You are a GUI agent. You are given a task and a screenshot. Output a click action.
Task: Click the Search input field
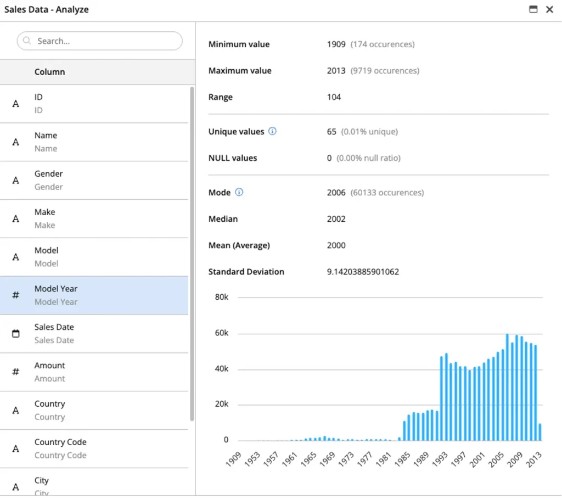click(100, 41)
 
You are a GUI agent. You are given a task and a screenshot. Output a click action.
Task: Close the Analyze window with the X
click(549, 9)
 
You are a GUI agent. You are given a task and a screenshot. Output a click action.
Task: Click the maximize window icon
click(533, 9)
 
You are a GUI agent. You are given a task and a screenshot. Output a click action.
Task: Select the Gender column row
click(94, 180)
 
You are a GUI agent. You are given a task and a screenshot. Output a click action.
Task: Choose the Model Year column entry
click(94, 295)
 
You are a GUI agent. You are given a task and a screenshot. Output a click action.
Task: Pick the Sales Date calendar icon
click(16, 333)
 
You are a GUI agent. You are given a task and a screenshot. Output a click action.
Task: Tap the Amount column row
click(94, 372)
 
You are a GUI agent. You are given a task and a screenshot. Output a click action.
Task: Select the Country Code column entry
click(94, 449)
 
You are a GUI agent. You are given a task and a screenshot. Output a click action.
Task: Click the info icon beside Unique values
click(272, 131)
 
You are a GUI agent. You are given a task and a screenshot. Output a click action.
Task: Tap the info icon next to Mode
click(239, 192)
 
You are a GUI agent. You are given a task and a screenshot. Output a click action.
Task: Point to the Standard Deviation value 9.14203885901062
click(363, 272)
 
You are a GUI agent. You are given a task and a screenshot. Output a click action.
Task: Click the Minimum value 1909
click(336, 44)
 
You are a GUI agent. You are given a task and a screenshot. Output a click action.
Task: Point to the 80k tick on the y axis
click(222, 297)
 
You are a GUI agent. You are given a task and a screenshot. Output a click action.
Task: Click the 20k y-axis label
click(222, 404)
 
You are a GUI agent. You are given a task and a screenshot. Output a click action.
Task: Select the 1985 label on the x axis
click(402, 459)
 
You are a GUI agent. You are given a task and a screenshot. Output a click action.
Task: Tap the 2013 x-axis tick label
click(533, 459)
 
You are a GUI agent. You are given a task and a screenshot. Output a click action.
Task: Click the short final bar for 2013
click(540, 432)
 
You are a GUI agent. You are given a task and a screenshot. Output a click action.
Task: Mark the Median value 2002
click(336, 219)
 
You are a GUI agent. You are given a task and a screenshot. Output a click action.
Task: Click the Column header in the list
click(50, 72)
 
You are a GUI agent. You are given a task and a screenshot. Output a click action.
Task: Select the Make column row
click(94, 218)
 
